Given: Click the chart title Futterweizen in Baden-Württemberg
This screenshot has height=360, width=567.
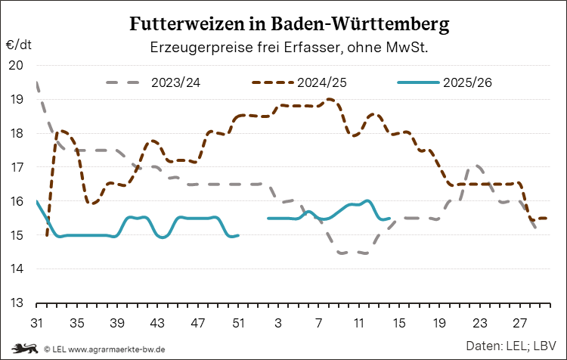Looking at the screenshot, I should click(x=290, y=24).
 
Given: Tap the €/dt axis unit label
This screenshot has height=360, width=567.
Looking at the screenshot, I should click(x=19, y=45).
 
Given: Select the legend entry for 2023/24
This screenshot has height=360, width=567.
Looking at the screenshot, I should click(x=175, y=82).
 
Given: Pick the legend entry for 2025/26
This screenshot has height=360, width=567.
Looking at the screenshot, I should click(x=470, y=82).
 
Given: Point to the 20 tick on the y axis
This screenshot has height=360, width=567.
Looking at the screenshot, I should click(x=16, y=65).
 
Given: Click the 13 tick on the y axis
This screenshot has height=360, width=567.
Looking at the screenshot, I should click(x=16, y=303).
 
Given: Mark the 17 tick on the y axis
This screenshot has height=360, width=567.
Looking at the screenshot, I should click(x=16, y=167).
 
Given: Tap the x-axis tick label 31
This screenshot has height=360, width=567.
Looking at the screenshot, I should click(x=36, y=321).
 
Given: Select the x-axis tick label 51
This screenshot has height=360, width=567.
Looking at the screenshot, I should click(x=239, y=321).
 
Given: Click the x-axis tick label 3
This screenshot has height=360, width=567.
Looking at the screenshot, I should click(x=279, y=321).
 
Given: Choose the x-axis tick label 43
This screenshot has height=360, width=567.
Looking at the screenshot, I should click(x=158, y=321).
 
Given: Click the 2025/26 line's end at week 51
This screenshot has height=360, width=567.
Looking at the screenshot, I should click(x=238, y=235).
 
